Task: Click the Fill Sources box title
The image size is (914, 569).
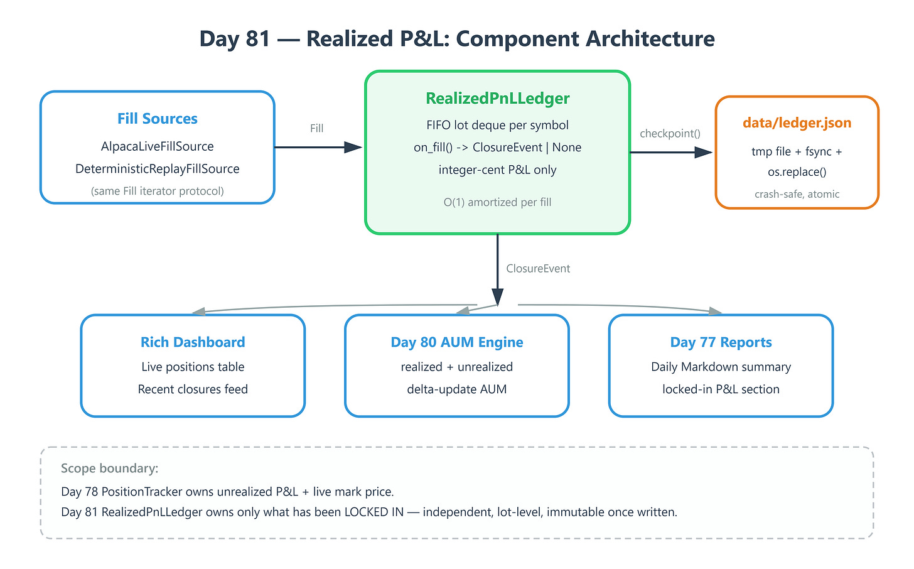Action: tap(157, 118)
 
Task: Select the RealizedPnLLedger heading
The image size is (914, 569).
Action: tap(497, 99)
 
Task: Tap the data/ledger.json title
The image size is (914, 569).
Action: tap(797, 122)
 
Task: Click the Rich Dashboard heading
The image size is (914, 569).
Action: tap(193, 342)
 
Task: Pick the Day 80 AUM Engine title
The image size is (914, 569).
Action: tap(456, 342)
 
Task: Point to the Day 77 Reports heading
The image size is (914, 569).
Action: tap(721, 342)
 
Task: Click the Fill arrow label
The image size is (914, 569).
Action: tap(316, 128)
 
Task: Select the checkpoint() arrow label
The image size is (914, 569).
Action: tap(670, 134)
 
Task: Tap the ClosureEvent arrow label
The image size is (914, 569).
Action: tap(538, 268)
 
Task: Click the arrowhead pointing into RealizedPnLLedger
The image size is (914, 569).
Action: tap(353, 148)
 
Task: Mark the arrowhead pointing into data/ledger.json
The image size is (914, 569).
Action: tap(704, 152)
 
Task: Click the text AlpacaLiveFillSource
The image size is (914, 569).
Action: tap(157, 146)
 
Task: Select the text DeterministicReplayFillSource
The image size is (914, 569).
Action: tap(157, 168)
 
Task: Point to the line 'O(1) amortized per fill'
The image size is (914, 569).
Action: tap(497, 202)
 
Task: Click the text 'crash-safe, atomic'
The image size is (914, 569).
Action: tap(797, 194)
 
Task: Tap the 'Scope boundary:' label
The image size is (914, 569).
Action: tap(109, 468)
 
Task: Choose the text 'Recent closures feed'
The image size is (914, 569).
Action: tap(193, 389)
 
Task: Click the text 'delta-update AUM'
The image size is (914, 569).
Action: tap(456, 389)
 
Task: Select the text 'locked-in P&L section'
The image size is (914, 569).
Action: tap(721, 389)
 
